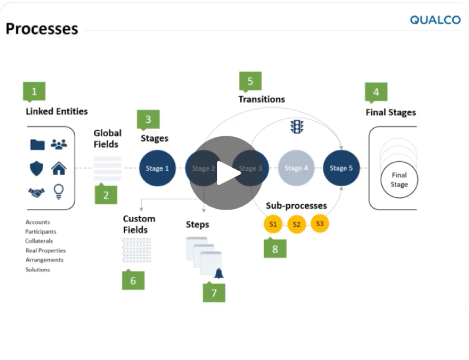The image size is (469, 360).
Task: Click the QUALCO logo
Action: coord(435,20)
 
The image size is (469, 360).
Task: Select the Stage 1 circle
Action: coord(158,168)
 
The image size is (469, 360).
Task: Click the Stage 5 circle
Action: coord(341,168)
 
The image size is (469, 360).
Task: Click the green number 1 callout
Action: coord(34,92)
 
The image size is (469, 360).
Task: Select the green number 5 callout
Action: coord(250,81)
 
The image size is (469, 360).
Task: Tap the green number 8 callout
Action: coord(275,249)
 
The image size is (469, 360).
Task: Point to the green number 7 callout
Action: coord(214,293)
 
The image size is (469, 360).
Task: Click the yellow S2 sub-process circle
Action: coord(296,225)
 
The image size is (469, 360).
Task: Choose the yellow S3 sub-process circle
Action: coord(320,224)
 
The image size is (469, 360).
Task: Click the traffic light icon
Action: coord(297,126)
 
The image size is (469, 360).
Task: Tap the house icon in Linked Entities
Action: coord(59,168)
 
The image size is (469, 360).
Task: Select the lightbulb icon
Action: coord(59,193)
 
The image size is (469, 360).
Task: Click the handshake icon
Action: coord(36,193)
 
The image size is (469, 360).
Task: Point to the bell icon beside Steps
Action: coord(218,273)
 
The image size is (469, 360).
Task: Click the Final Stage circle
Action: coord(399,180)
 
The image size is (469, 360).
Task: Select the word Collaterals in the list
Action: coord(39,241)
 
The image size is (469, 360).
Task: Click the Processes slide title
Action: coord(41,28)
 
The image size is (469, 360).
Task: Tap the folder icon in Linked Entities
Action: coord(37,144)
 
